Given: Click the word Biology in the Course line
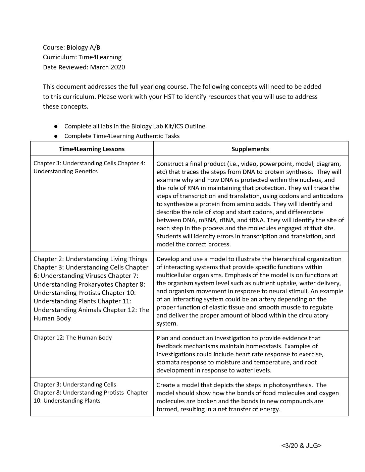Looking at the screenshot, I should tap(77, 48).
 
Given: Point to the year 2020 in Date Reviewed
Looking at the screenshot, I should tap(117, 67).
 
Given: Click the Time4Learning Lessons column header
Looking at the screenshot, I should tap(92, 149).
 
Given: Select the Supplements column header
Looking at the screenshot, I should tap(250, 149).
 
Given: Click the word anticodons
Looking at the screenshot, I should tap(328, 196).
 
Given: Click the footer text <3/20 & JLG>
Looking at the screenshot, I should tap(301, 446).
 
